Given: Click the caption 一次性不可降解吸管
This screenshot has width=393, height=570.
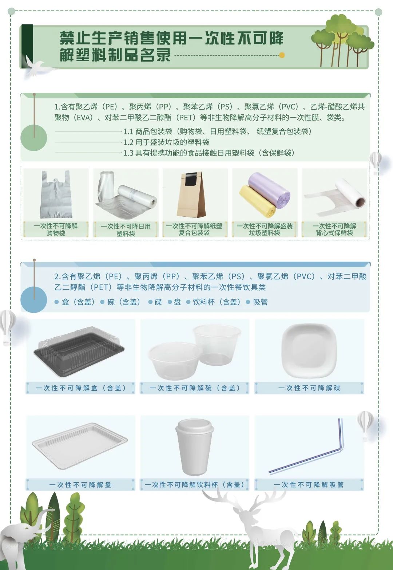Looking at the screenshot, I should pyautogui.click(x=309, y=485).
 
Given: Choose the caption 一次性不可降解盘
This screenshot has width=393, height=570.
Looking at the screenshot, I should pyautogui.click(x=80, y=485).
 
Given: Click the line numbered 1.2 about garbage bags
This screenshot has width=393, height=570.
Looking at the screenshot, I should pyautogui.click(x=166, y=142).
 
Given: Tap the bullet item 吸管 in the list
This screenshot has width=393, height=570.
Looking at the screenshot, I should pyautogui.click(x=260, y=302).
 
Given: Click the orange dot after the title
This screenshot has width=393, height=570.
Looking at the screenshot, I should pyautogui.click(x=282, y=55).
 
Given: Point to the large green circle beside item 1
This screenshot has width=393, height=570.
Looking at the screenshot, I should pyautogui.click(x=34, y=138).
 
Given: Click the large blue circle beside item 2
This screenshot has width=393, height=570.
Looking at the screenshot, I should pyautogui.click(x=34, y=300).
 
